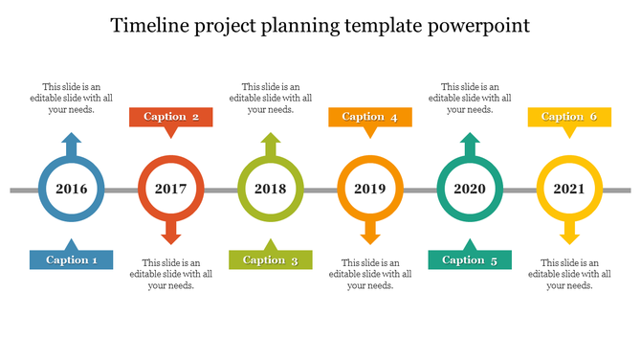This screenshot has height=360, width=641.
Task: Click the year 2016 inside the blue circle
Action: (72, 189)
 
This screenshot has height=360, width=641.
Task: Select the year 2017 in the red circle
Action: (171, 189)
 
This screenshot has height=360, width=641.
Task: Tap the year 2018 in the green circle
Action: (271, 189)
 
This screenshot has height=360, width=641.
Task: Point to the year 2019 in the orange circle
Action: (370, 189)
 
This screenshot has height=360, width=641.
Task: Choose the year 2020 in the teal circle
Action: (470, 189)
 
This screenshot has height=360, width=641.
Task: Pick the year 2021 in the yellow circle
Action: (569, 189)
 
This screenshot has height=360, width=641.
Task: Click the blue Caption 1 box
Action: (72, 259)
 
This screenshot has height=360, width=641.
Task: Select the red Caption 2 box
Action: (171, 117)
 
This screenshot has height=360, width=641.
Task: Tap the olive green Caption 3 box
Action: (271, 259)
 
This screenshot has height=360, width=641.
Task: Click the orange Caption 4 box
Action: (370, 117)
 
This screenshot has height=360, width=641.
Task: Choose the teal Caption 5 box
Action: (470, 259)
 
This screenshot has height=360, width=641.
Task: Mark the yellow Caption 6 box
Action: (569, 117)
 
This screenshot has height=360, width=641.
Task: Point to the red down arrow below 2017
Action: (171, 233)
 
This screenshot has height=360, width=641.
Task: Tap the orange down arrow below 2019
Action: (370, 233)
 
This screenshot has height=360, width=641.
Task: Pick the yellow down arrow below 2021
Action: (569, 233)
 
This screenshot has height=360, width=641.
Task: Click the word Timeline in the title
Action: (149, 25)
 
